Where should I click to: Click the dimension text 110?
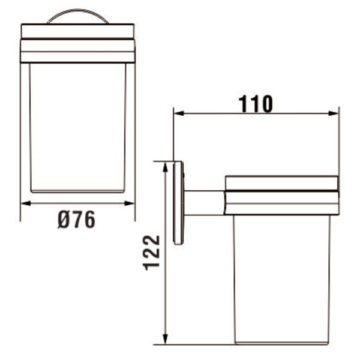tap(256, 104)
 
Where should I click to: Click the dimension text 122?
tap(152, 252)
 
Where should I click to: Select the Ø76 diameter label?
tap(77, 220)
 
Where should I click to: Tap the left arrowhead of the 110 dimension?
tap(178, 113)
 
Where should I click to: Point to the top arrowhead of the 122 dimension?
tap(164, 165)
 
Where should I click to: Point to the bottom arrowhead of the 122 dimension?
tap(164, 340)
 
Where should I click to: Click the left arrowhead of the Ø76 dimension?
tap(25, 203)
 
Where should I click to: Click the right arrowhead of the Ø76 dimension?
tap(130, 203)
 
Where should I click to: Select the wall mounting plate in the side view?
tap(178, 203)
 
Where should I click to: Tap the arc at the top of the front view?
tap(78, 16)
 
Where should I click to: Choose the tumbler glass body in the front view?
tap(78, 126)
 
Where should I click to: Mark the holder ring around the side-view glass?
tap(281, 195)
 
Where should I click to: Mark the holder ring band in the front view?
tap(78, 51)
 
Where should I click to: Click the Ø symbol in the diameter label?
tap(64, 220)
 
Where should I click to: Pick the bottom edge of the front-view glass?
tap(78, 191)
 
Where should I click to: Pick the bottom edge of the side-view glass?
tap(281, 343)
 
